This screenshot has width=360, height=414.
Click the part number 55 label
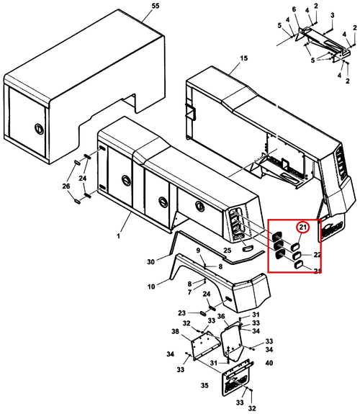(156, 6)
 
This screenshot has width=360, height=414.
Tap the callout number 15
(243, 58)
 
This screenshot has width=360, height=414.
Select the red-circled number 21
(302, 227)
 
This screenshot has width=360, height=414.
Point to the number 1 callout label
(119, 235)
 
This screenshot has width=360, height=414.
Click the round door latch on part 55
(39, 129)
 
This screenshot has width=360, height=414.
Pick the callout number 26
(66, 186)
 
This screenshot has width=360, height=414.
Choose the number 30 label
(150, 261)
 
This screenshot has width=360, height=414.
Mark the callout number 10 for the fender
(151, 287)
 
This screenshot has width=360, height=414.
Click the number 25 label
(227, 251)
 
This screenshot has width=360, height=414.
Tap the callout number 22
(317, 255)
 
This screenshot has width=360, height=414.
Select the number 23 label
(181, 313)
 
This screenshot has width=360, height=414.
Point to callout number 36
(221, 316)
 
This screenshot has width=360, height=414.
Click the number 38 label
(175, 331)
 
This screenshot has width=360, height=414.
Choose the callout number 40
(269, 364)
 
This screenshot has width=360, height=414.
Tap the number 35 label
(204, 385)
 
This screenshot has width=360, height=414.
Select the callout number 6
(294, 9)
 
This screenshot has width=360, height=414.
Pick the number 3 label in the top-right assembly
(333, 15)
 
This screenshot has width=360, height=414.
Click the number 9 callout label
(198, 251)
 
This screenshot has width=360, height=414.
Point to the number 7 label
(189, 292)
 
